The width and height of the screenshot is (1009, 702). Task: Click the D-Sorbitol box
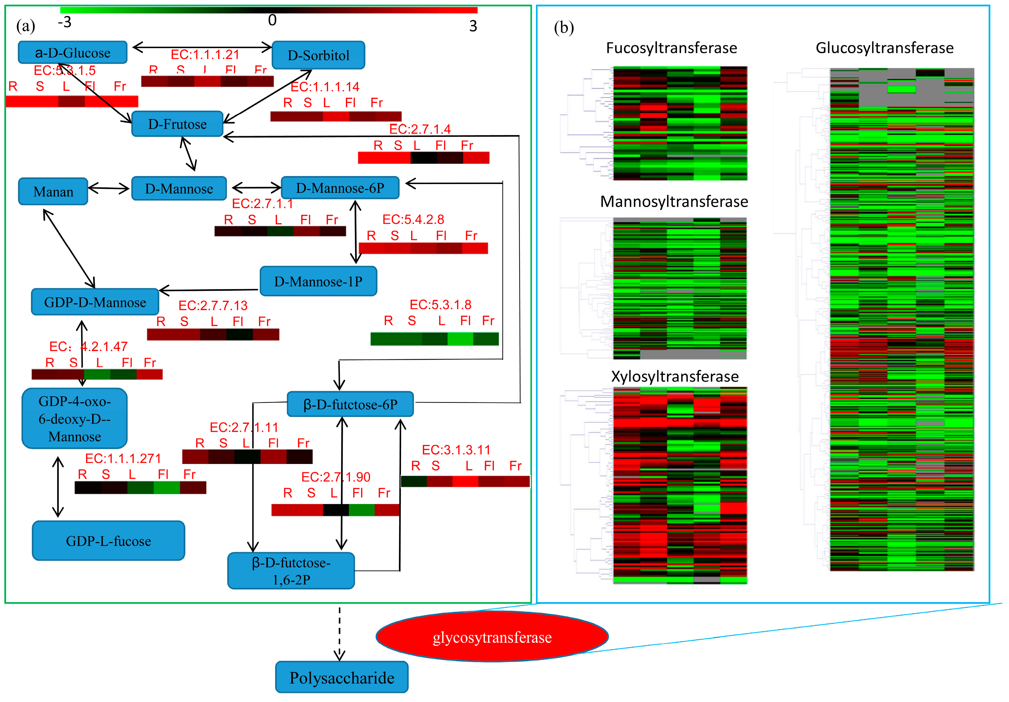pyautogui.click(x=318, y=55)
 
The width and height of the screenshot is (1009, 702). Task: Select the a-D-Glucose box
pyautogui.click(x=73, y=53)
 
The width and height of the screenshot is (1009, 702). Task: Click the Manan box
pyautogui.click(x=53, y=191)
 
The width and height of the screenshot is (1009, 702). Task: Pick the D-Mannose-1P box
pyautogui.click(x=318, y=281)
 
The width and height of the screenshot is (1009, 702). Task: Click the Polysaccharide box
pyautogui.click(x=342, y=677)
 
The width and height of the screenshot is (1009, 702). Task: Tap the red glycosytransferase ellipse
pyautogui.click(x=492, y=637)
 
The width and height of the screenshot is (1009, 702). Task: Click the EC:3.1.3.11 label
pyautogui.click(x=456, y=450)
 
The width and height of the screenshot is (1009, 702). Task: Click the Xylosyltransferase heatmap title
pyautogui.click(x=675, y=377)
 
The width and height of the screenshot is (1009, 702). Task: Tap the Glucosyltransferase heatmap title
pyautogui.click(x=884, y=48)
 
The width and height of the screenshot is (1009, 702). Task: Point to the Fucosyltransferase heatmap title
pyautogui.click(x=671, y=48)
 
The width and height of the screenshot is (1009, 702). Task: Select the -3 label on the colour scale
pyautogui.click(x=65, y=22)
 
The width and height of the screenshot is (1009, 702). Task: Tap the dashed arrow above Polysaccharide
pyautogui.click(x=339, y=632)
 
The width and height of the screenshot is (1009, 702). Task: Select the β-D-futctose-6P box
pyautogui.click(x=350, y=404)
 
